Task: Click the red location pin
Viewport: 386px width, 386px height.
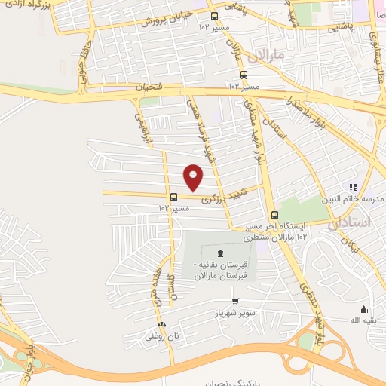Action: coord(194,177)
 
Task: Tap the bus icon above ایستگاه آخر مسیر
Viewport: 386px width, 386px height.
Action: coord(274,214)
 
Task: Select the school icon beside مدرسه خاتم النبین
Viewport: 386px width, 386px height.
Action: coord(351,186)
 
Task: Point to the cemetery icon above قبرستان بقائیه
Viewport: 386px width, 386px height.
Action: coord(219,253)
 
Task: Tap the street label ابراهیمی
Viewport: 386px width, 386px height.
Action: coord(142,128)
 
